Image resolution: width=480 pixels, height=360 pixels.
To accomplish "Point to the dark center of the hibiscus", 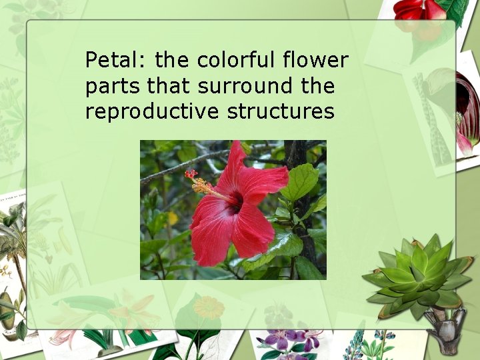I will [x=233, y=201].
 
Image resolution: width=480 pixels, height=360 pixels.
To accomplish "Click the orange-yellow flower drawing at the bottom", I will [x=208, y=308].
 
